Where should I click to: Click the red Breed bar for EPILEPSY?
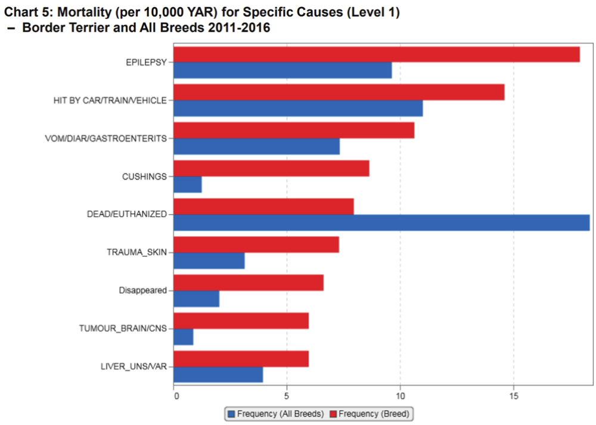[x=377, y=54]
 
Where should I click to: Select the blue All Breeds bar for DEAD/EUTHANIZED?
[x=381, y=222]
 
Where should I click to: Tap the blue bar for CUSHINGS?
[x=188, y=185]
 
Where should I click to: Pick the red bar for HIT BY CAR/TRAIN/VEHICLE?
[x=339, y=92]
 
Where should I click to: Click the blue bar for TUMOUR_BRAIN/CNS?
[x=184, y=337]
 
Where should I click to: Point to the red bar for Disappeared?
[x=249, y=283]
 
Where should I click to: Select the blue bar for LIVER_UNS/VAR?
[x=218, y=375]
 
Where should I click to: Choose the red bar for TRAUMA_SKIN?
[x=256, y=244]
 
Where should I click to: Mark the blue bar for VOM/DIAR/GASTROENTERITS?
[x=257, y=146]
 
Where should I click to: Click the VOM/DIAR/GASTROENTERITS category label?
[x=106, y=138]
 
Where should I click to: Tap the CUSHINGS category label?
[x=144, y=176]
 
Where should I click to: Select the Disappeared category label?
[x=142, y=290]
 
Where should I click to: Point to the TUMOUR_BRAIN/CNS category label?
[x=123, y=328]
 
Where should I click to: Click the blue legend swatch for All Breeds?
[x=231, y=414]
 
